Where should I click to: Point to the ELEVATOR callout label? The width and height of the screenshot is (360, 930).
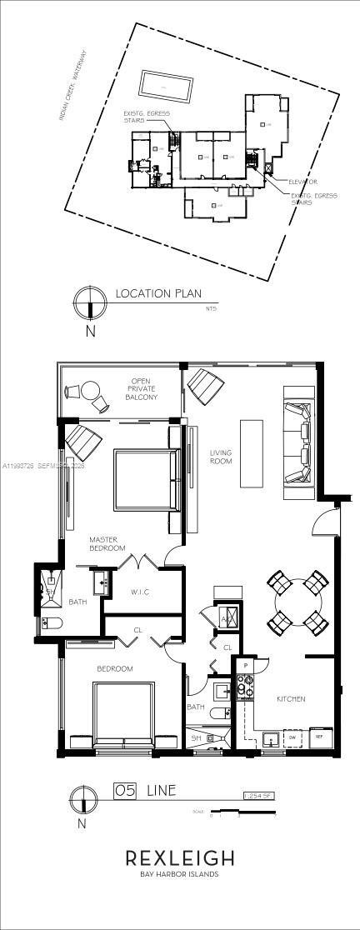pos(302,181)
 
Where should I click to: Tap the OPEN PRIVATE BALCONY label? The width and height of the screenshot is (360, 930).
pos(142,389)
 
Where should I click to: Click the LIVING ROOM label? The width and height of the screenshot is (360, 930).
pos(220,457)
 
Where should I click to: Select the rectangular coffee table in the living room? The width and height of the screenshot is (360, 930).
pos(252,452)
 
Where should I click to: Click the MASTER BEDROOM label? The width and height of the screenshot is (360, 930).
pos(107,544)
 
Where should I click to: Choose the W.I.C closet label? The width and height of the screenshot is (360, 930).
pos(140,593)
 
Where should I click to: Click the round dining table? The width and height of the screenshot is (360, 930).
pos(296,601)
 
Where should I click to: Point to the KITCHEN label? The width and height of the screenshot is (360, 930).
pos(291,698)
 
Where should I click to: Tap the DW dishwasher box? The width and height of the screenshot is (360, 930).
pos(292,737)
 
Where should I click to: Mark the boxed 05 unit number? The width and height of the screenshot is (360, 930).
pos(124,788)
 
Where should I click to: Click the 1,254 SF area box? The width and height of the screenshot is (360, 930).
pos(258,795)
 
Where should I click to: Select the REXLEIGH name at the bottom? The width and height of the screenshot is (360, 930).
pos(179,858)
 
